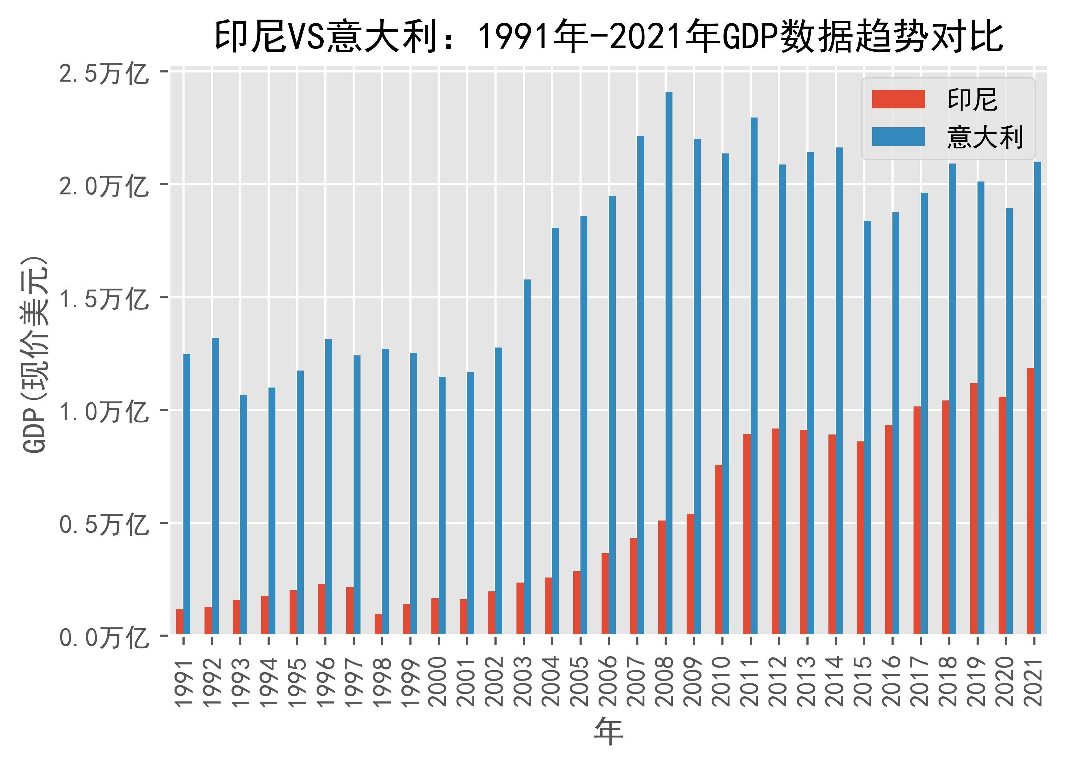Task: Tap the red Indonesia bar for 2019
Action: pyautogui.click(x=974, y=508)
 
